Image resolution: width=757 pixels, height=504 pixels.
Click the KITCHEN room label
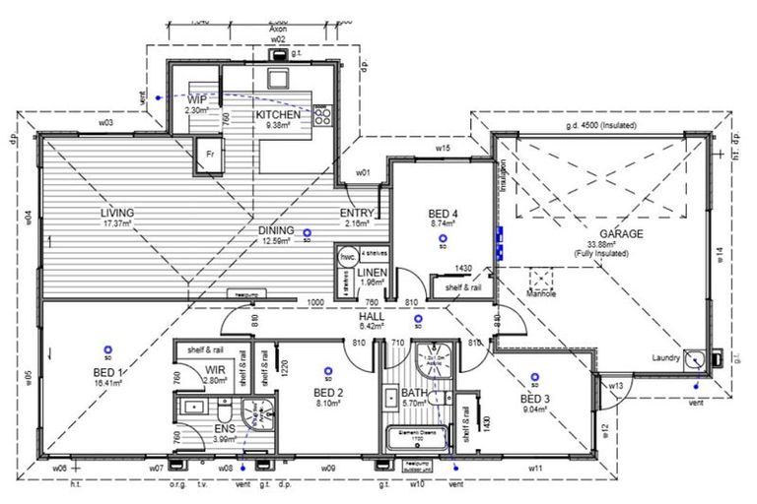278,115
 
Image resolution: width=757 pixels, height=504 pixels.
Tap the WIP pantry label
197,99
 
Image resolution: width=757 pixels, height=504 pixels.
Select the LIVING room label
116,213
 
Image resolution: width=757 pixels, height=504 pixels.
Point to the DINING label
278,230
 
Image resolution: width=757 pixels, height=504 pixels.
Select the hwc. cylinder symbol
347,255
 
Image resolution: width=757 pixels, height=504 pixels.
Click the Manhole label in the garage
542,293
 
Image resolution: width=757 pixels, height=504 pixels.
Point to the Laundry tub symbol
696,358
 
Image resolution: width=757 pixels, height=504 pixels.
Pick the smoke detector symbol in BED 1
105,346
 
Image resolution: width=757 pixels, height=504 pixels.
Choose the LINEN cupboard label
374,273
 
